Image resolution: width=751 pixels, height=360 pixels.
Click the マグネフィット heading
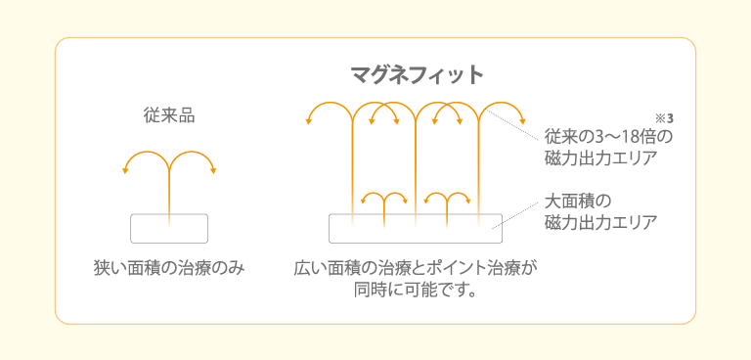417,74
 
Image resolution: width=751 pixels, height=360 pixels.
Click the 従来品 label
169,116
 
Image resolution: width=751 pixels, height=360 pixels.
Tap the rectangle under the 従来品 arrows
169,228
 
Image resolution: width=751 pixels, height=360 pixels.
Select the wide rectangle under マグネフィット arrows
415,228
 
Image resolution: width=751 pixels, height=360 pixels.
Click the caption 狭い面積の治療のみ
168,267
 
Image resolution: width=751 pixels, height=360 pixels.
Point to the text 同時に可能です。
415,290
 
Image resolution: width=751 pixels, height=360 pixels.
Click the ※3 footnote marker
666,118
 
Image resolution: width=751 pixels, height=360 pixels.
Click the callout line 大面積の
577,202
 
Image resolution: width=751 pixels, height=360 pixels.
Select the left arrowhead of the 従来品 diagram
125,170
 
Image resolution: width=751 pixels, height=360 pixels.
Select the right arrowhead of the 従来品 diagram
213,170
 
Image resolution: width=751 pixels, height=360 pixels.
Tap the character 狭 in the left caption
101,267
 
